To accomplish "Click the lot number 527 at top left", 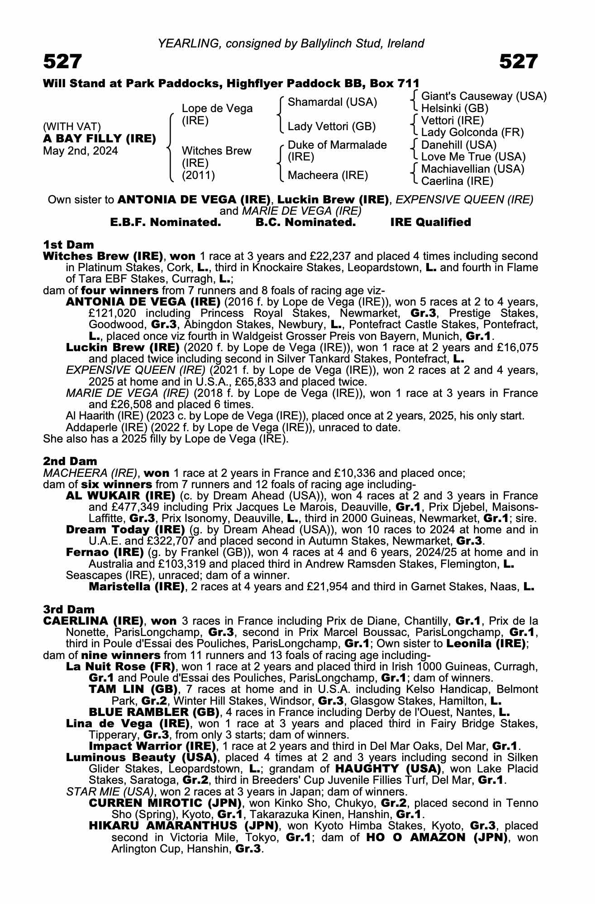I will point(63,61).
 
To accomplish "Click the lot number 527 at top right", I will point(519,61).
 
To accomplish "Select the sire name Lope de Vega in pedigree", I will point(217,108).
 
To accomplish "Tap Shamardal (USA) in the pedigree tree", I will point(332,102).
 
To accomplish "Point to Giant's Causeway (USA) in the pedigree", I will point(484,96).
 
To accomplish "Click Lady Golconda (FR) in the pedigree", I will point(472,132).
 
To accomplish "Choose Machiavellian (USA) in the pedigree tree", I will point(472,169).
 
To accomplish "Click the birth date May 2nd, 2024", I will point(80,151).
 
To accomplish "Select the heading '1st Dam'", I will point(68,245).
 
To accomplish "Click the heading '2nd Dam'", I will point(70,461).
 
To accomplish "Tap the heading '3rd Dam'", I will point(69,609).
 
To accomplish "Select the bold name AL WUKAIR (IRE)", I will point(120,495).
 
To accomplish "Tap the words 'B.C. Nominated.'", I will point(305,222).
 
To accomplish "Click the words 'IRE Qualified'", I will point(430,222).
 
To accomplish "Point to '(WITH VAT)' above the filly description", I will point(72,127).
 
